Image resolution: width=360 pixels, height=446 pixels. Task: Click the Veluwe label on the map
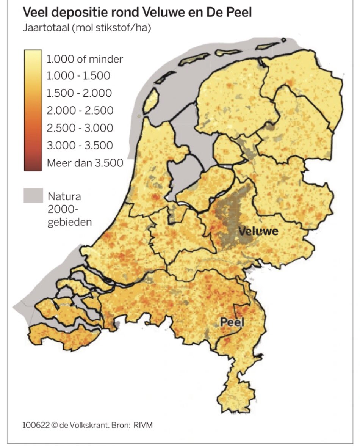(x=258, y=231)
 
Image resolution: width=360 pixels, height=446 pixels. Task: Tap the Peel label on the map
(x=232, y=322)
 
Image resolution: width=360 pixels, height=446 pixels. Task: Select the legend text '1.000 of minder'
(x=85, y=59)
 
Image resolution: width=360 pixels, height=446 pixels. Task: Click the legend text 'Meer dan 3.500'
(x=85, y=163)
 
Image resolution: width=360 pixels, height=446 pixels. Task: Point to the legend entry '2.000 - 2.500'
(x=80, y=111)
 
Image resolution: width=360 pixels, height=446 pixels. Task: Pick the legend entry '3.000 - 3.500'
(x=80, y=146)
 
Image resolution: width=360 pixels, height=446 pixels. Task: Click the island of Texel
(x=151, y=99)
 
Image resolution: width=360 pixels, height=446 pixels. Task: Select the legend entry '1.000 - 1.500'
(x=78, y=76)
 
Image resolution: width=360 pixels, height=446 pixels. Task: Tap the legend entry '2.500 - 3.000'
(x=80, y=128)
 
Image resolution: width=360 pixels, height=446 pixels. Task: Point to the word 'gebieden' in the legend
(x=69, y=222)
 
